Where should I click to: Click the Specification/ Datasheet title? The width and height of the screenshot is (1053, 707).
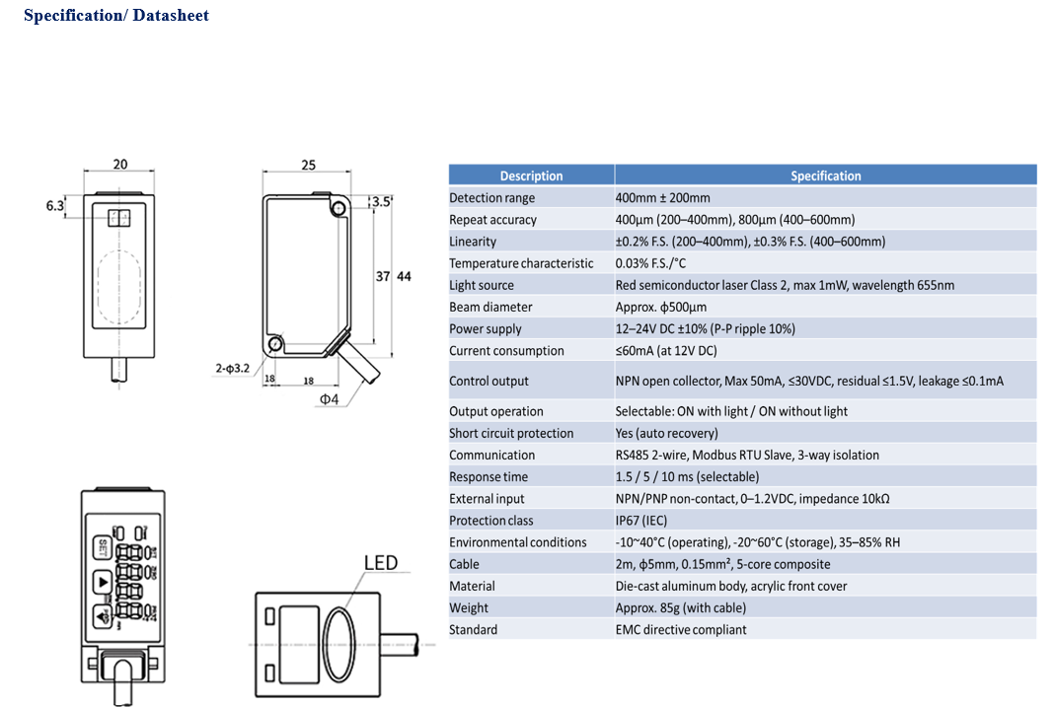(116, 16)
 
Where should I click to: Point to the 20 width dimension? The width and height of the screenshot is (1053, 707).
(119, 165)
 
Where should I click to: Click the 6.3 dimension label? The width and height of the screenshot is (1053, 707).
(55, 206)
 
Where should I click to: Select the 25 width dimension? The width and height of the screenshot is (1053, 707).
(308, 165)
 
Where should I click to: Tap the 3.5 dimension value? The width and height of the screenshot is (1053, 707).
(380, 204)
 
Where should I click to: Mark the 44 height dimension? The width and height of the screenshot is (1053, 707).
(404, 277)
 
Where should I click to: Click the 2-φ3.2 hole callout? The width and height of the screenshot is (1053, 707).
(235, 369)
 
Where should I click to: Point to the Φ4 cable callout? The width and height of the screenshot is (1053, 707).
(329, 399)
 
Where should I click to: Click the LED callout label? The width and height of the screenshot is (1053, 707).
(380, 563)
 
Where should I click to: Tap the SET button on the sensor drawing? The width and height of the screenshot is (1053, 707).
(103, 546)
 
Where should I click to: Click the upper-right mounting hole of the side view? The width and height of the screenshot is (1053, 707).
(339, 207)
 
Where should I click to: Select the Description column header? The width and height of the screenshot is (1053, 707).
(531, 176)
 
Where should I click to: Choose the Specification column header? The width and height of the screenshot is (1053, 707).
(825, 176)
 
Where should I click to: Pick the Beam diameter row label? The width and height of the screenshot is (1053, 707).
(490, 307)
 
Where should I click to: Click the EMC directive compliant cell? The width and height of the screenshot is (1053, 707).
(681, 629)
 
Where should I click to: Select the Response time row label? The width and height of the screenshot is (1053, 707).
(489, 476)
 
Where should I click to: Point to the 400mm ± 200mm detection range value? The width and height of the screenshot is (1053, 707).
(662, 198)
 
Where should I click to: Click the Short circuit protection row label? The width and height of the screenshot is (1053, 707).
(511, 433)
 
